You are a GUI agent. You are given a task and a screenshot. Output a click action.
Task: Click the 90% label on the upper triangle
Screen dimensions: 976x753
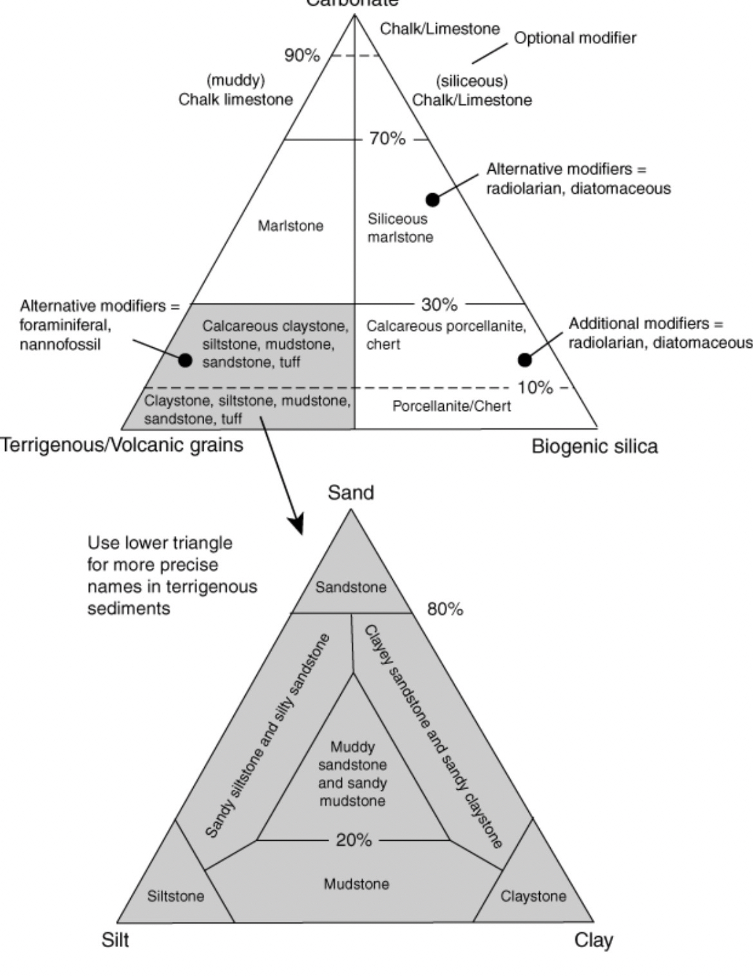point(302,55)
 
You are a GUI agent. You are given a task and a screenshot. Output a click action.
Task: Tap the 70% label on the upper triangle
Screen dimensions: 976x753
point(387,139)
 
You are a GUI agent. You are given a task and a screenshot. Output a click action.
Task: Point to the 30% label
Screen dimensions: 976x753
point(439,303)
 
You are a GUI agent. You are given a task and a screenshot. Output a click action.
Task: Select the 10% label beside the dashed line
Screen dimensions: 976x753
point(535,387)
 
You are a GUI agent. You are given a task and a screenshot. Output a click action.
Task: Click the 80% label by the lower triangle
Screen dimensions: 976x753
point(445,609)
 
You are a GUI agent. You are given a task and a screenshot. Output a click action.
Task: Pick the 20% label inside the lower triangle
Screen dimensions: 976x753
point(354,840)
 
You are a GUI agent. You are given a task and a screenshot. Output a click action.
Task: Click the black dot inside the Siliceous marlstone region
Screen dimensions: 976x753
point(433,200)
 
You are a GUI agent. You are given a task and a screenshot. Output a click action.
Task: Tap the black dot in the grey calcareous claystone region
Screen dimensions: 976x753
point(185,359)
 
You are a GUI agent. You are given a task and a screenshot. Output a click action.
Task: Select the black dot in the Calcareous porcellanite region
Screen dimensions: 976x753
point(525,359)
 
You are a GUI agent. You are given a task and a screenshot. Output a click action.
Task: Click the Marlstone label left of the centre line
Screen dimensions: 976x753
point(291,226)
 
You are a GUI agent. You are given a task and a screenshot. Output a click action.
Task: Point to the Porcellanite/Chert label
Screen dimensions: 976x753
point(452,406)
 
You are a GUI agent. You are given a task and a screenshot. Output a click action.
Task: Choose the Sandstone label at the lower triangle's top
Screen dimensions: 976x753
point(351,587)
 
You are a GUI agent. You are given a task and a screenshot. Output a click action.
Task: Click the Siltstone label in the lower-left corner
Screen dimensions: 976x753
point(175,896)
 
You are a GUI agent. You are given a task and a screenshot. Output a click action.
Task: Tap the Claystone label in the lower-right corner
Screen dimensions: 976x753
point(533,896)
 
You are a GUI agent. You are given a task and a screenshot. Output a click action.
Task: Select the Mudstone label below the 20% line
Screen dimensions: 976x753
point(356,884)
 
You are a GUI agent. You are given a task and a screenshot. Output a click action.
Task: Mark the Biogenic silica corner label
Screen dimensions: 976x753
point(595,446)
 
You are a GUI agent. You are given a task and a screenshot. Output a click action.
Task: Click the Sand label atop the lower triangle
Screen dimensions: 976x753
point(350,493)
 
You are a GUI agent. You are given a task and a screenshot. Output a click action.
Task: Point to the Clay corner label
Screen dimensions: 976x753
point(593,941)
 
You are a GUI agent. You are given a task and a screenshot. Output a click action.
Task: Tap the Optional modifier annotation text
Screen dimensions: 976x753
point(575,38)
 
